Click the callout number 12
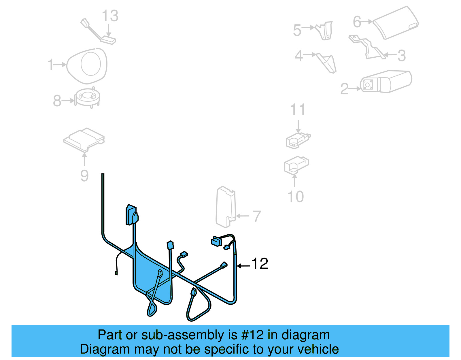(x=260, y=264)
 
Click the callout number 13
(x=110, y=16)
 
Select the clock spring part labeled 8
(x=88, y=97)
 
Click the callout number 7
(x=257, y=216)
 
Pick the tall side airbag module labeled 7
(x=226, y=207)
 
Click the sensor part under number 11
(x=298, y=140)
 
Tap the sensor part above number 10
(x=296, y=165)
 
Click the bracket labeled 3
(x=367, y=47)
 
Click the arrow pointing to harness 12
(x=243, y=266)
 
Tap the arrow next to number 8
(x=69, y=101)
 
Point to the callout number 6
(x=357, y=22)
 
